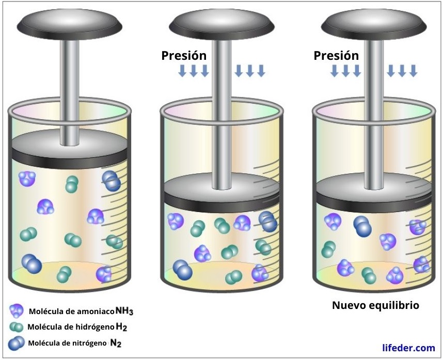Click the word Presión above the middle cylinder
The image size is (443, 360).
184,56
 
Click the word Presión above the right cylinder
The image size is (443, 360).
336,55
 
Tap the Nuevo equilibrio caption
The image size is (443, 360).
375,305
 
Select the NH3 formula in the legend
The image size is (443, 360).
124,311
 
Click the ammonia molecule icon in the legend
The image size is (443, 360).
17,310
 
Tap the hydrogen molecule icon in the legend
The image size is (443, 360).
17,327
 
